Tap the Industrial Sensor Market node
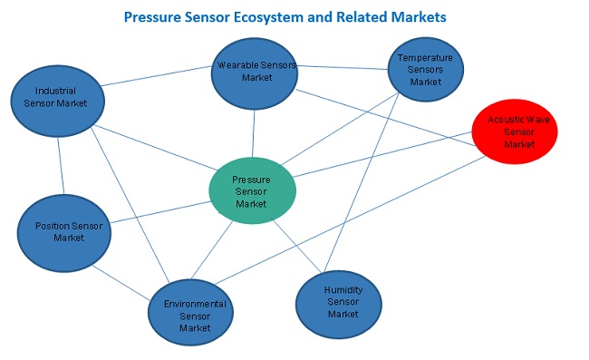55,97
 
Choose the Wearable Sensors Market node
256,72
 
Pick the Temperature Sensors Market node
425,70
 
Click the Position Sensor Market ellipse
63,232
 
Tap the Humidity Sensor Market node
342,302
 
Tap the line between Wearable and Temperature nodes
344,67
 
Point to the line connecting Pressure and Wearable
254,131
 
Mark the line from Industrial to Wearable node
154,76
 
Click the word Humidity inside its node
343,290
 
